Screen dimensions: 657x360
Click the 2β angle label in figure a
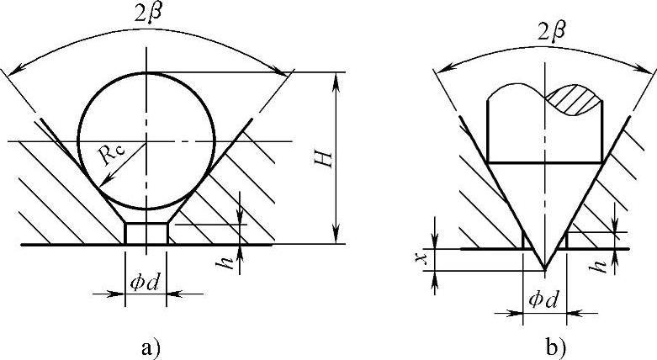[148, 13]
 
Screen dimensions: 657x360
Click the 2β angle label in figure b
[552, 33]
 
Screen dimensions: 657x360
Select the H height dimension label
[325, 159]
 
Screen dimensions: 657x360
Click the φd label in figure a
[145, 283]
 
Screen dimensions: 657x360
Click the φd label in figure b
[543, 300]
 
